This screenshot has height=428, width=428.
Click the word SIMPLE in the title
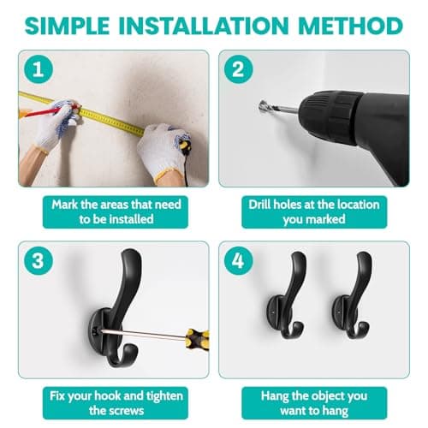[x=67, y=26]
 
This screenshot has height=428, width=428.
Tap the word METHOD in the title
[x=351, y=26]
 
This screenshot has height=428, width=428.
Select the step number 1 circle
[x=39, y=69]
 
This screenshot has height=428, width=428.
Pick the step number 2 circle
[x=238, y=69]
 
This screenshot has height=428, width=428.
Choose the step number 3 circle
[x=39, y=260]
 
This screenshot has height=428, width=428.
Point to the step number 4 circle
[x=238, y=260]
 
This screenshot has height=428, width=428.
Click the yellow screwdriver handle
[x=198, y=340]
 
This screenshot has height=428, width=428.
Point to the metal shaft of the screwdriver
[x=143, y=334]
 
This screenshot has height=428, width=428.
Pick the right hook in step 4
[x=352, y=295]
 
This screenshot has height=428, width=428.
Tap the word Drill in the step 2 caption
[x=259, y=205]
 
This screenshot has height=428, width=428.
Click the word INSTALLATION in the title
[x=204, y=26]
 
